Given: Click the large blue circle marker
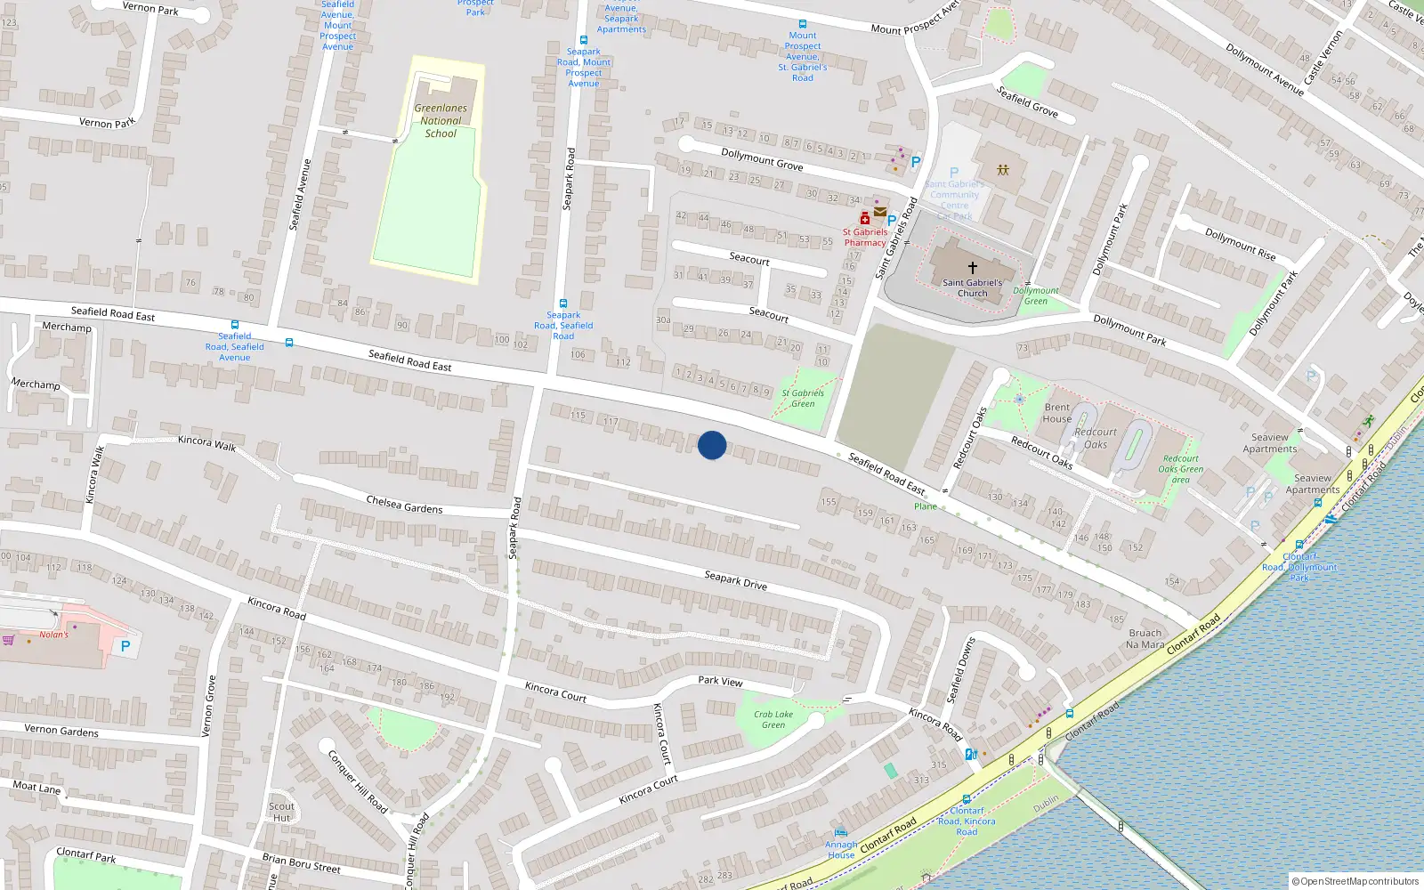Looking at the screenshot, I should (x=712, y=445).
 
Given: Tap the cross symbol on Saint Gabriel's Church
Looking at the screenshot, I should (x=973, y=267).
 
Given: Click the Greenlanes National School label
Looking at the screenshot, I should (x=441, y=121).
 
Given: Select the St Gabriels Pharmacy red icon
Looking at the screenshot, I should (x=864, y=218).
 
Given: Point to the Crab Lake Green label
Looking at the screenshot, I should (x=773, y=719).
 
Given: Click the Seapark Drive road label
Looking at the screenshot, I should (x=735, y=580).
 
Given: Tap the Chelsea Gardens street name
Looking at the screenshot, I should (x=404, y=505).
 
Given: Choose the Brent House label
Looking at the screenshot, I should (x=1057, y=413).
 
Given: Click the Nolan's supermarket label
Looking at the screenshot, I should (x=53, y=635).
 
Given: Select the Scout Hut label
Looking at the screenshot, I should (x=282, y=812).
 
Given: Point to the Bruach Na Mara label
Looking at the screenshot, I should (x=1145, y=639).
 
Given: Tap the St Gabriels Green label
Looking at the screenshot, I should (x=803, y=398).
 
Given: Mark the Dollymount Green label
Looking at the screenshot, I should (x=1036, y=295).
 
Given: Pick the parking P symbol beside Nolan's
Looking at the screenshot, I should (x=125, y=647).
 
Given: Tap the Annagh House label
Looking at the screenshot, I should (x=841, y=850).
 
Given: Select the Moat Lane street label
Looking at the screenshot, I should (x=36, y=787).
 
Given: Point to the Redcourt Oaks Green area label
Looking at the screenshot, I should (x=1180, y=469).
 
